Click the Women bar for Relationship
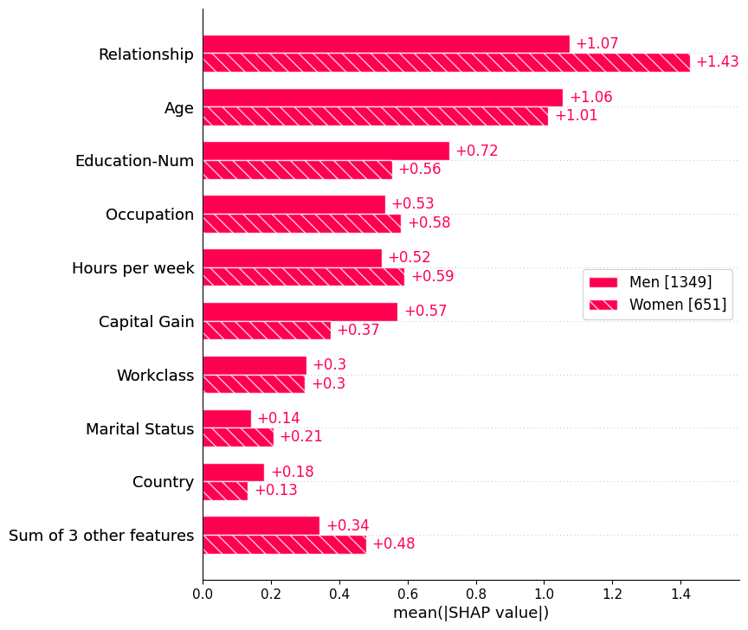click(x=446, y=62)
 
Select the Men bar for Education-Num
click(x=326, y=151)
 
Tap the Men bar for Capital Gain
click(x=300, y=312)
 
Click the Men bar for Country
click(x=233, y=472)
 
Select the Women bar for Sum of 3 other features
click(x=284, y=544)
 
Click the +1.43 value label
click(x=717, y=62)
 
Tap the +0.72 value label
click(x=476, y=151)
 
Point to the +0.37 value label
click(x=358, y=331)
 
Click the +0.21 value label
click(x=300, y=437)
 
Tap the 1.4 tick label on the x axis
click(x=680, y=595)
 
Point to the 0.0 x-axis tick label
click(x=203, y=595)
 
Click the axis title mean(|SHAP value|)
click(x=471, y=614)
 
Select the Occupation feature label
click(x=150, y=215)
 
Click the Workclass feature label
click(x=155, y=376)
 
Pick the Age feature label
click(x=179, y=108)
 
